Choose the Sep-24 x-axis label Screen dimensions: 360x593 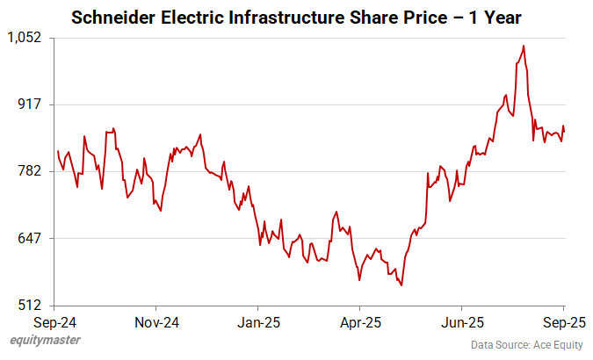point(54,322)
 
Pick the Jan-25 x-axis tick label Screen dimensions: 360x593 point(258,322)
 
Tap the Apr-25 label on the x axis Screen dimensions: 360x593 point(359,322)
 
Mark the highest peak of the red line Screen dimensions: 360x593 point(524,46)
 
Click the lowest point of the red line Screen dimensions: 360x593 point(401,285)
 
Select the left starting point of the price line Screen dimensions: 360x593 point(57,151)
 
